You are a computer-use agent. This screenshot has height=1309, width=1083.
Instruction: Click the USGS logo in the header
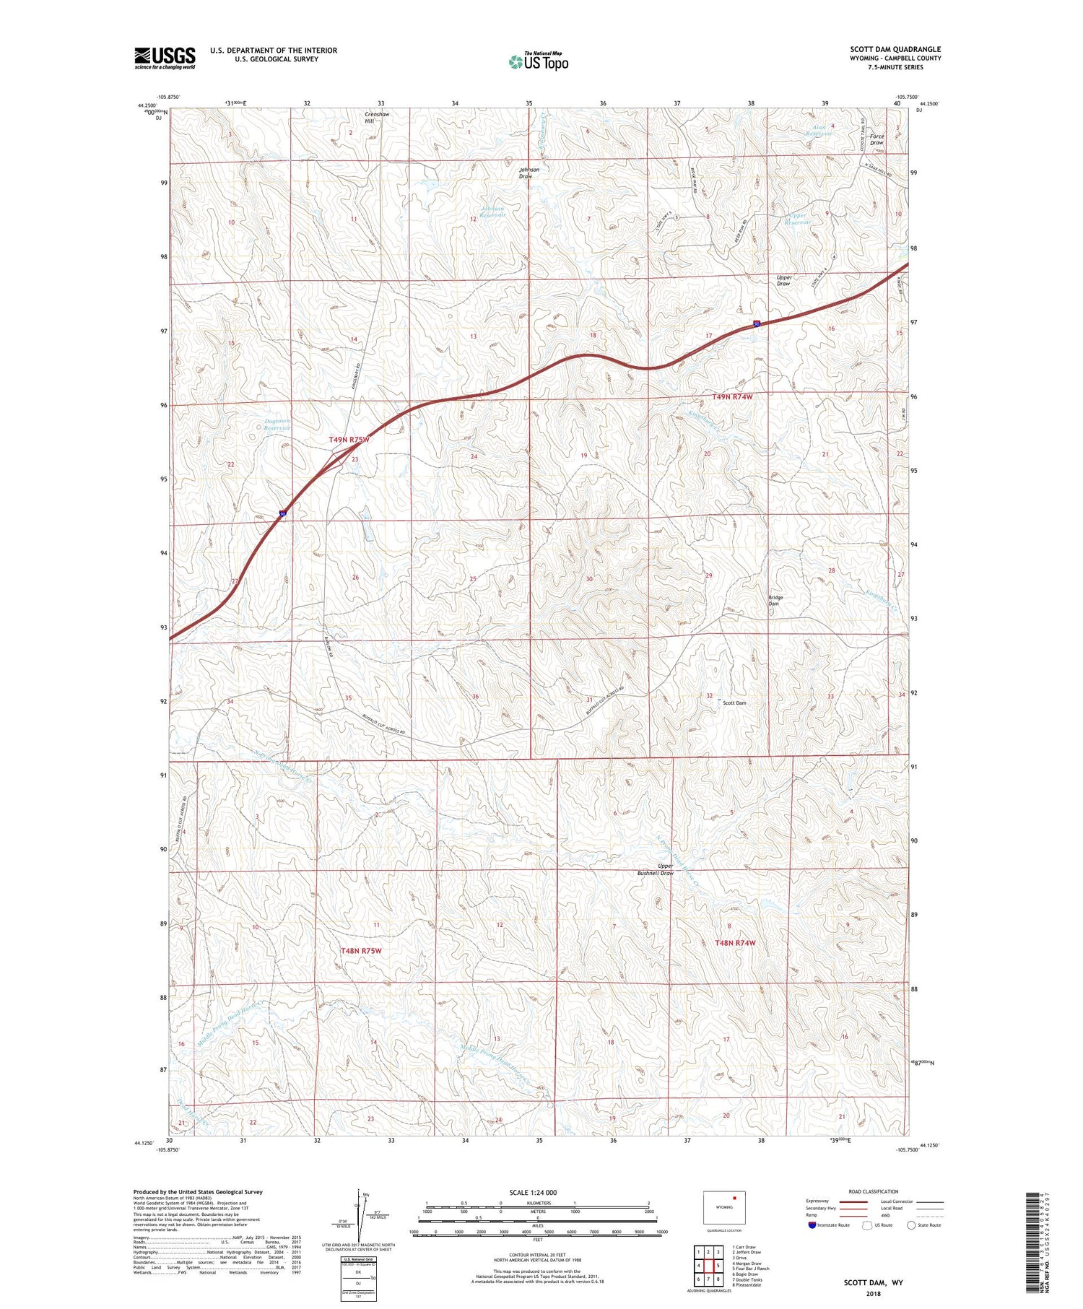(x=165, y=58)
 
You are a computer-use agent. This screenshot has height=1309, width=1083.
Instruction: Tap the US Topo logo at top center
(x=538, y=61)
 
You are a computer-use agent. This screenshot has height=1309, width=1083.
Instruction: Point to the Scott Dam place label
(x=734, y=703)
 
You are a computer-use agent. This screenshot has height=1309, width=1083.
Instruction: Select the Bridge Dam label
(x=775, y=600)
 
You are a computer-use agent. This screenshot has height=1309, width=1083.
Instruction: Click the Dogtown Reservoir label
(x=277, y=425)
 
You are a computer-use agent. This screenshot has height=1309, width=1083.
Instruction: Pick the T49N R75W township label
(x=349, y=439)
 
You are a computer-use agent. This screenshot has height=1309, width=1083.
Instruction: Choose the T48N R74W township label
(x=735, y=943)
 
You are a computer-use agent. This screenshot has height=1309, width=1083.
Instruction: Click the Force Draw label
(x=877, y=139)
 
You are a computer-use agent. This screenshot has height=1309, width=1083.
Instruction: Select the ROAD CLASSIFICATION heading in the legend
(x=874, y=1191)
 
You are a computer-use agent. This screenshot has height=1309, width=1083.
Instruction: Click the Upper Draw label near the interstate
(x=784, y=280)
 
